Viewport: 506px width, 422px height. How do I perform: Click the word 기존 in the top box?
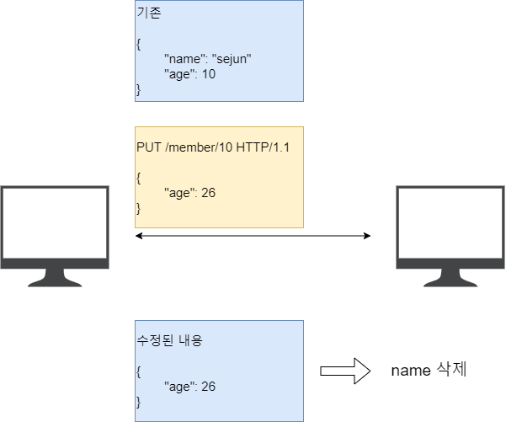coord(147,14)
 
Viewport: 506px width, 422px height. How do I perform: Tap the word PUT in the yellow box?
coord(148,147)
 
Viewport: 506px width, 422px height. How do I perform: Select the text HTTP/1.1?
coord(261,147)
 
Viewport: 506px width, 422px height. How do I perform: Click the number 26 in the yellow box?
coord(208,193)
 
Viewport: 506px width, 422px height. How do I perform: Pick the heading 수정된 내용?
coord(169,341)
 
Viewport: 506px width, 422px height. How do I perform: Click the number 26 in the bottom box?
coord(208,387)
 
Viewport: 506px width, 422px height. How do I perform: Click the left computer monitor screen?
coord(55,223)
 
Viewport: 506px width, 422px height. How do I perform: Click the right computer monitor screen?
coord(450,223)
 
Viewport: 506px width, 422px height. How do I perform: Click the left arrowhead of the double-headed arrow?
coord(139,236)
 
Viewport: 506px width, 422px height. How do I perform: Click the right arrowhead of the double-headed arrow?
coord(367,236)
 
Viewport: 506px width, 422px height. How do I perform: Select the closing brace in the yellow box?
coord(139,207)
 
